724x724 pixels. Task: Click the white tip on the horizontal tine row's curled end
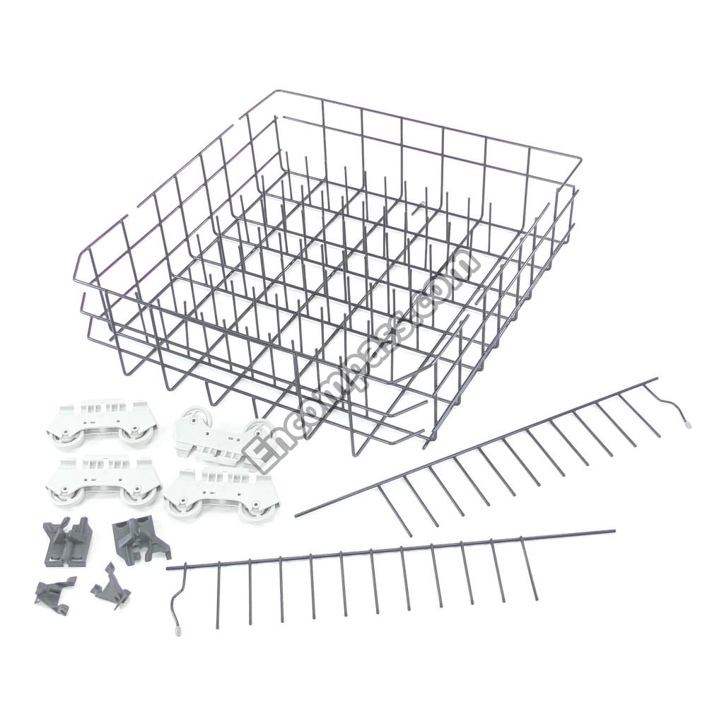pyautogui.click(x=178, y=628)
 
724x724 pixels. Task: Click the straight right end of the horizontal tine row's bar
pyautogui.click(x=614, y=532)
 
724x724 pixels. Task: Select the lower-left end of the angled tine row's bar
pyautogui.click(x=296, y=515)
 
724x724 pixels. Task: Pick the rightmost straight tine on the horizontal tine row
pyautogui.click(x=529, y=569)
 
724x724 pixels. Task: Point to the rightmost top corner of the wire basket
pyautogui.click(x=580, y=158)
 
